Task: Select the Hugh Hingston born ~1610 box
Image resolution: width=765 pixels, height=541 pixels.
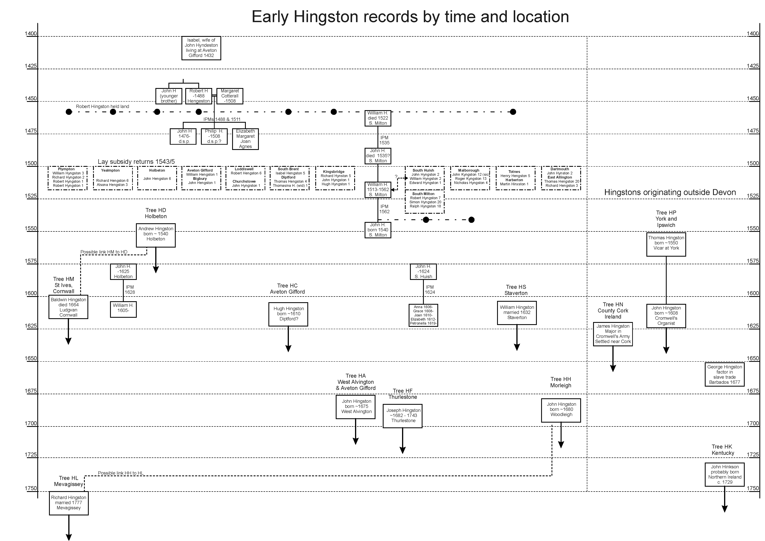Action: click(288, 314)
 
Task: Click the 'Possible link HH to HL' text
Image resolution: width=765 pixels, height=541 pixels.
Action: click(121, 473)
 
